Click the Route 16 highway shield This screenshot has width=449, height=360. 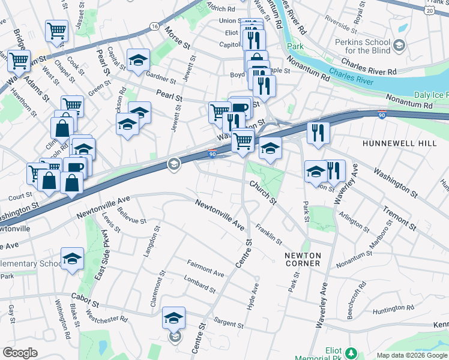click(x=154, y=26)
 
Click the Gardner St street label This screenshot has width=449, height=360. click(x=160, y=78)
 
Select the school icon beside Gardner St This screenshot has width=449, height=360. click(x=138, y=61)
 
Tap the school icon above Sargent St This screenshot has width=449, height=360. click(x=173, y=317)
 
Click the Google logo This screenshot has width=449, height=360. click(x=20, y=353)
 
